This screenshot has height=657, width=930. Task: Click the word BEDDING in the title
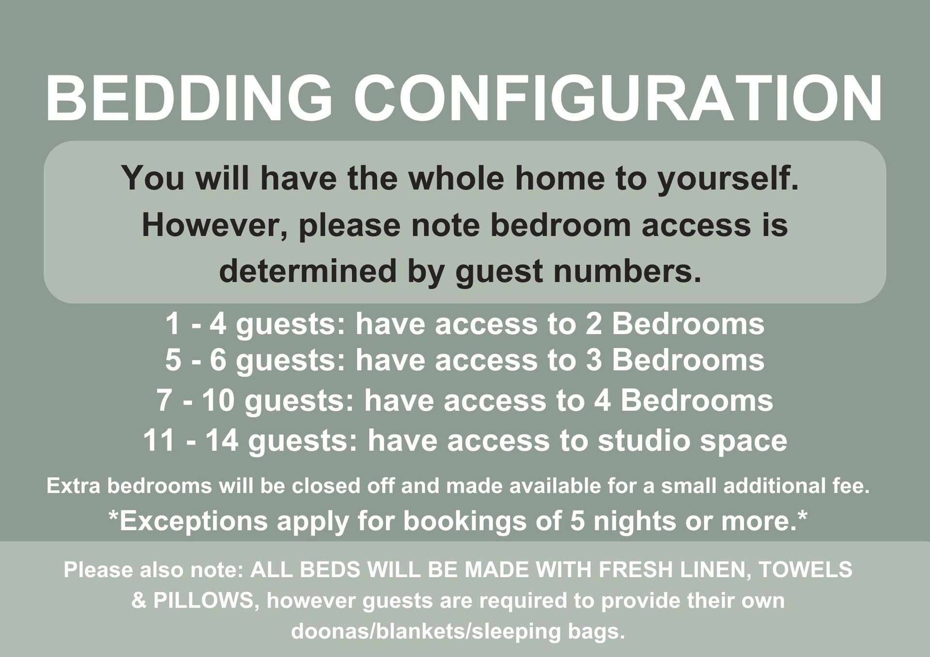[189, 98]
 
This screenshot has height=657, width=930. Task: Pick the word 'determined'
[308, 271]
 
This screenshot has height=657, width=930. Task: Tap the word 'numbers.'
[627, 271]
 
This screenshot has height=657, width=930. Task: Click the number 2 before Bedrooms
[594, 324]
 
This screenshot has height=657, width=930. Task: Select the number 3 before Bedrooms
[594, 361]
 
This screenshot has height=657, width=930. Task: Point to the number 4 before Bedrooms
[603, 401]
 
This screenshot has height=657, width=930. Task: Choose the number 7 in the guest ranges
[165, 401]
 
